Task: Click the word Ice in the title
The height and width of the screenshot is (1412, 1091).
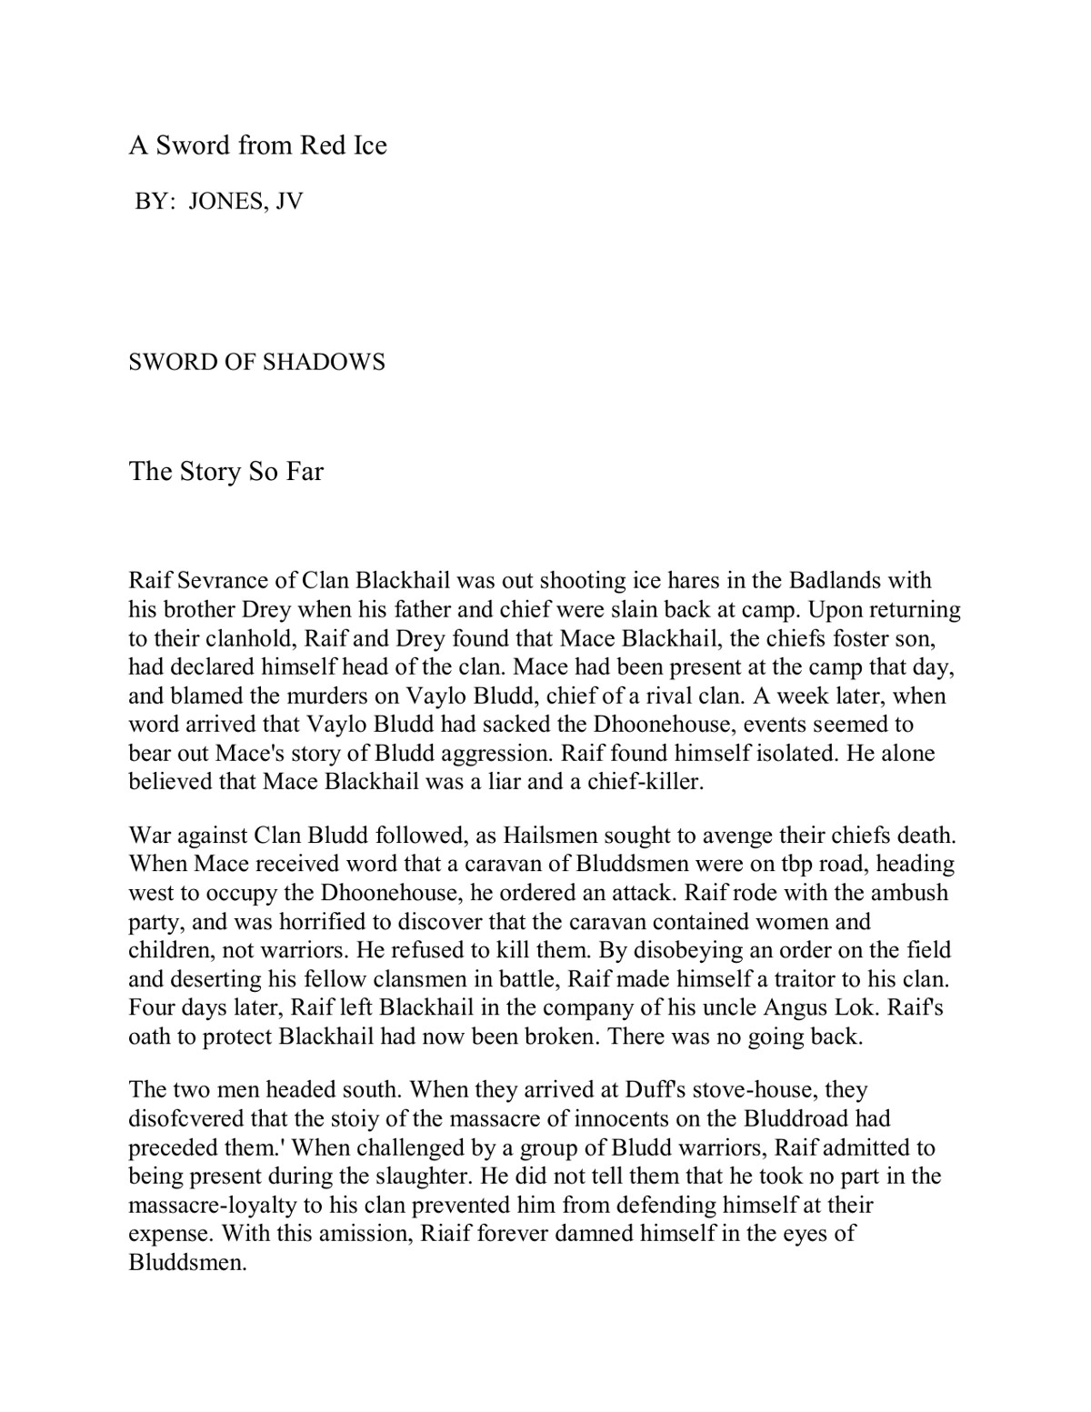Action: [x=368, y=145]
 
